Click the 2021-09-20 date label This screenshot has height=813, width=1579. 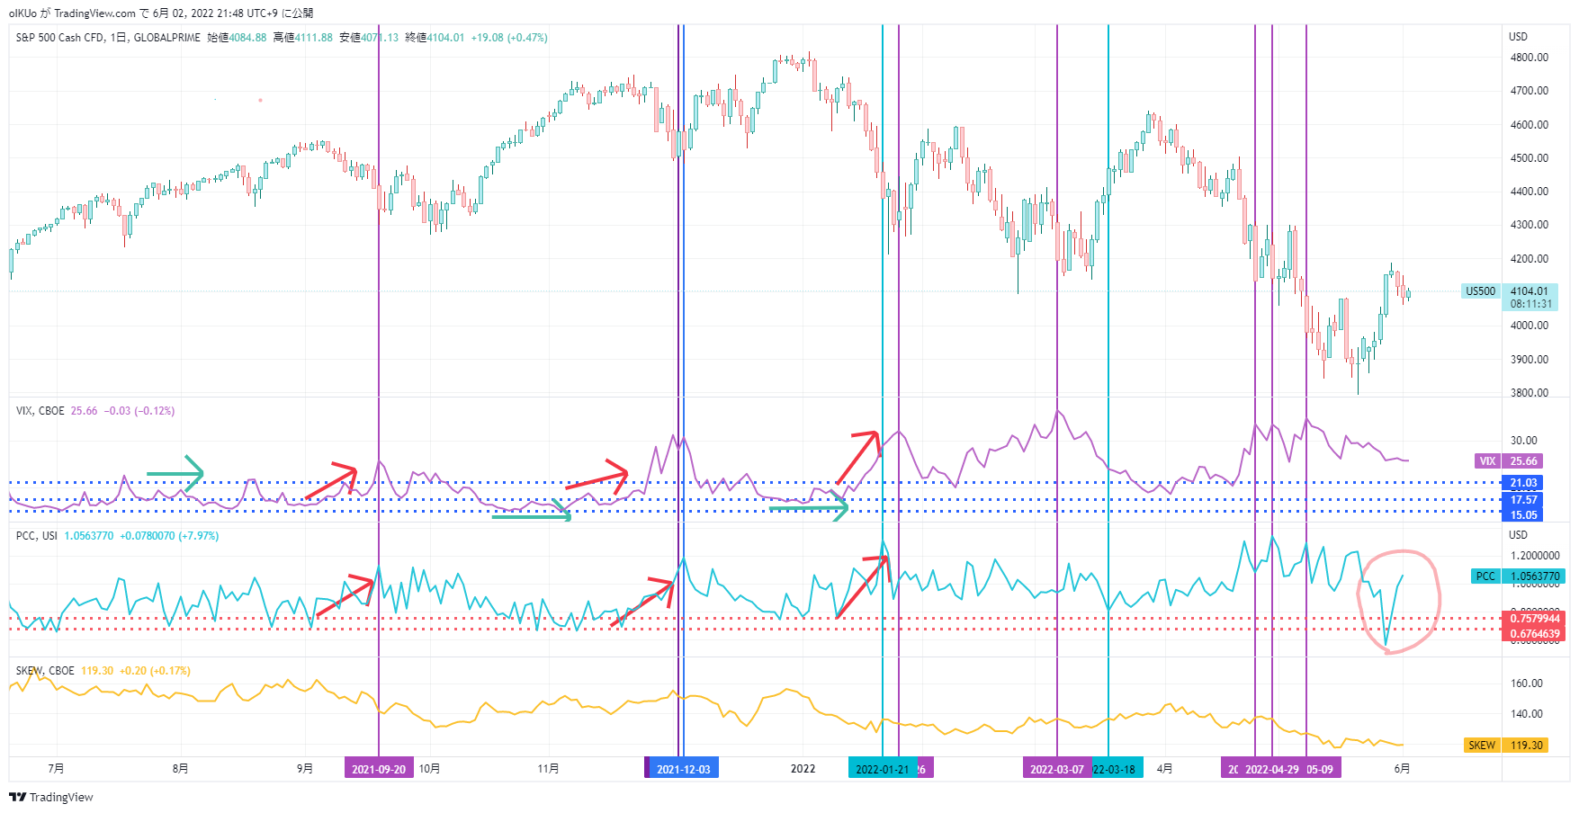379,769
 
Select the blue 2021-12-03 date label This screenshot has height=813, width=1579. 683,769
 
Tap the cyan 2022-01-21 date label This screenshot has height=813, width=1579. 882,769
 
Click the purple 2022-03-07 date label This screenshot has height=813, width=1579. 1056,769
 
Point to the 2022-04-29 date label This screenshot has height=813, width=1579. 1271,769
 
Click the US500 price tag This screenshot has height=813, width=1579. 1480,291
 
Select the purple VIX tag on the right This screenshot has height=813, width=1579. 1487,461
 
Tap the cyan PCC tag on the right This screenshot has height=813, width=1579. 1485,576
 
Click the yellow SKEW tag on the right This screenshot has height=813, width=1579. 1481,746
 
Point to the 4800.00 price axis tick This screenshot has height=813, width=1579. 1529,58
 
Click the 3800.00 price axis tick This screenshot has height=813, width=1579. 1529,393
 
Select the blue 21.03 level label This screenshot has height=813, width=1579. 1523,483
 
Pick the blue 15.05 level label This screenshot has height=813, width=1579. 1523,515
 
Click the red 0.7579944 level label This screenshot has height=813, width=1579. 1535,619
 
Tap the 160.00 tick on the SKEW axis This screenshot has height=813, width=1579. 1527,683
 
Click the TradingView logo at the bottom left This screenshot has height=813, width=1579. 51,797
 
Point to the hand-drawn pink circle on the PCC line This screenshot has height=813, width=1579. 1399,601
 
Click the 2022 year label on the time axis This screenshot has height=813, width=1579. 803,769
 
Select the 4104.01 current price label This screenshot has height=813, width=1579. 1529,291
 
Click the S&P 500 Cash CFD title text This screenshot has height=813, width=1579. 108,38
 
